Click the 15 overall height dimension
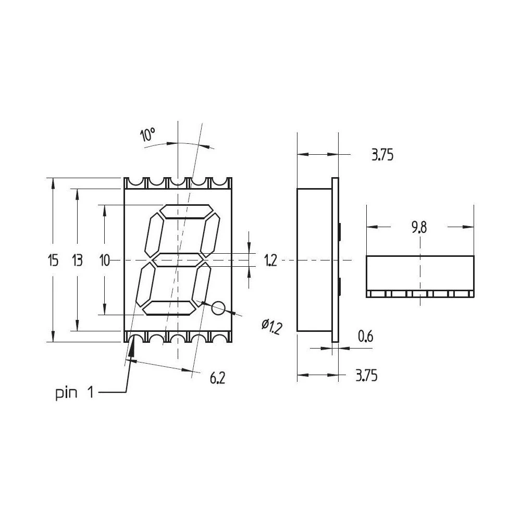(x=53, y=260)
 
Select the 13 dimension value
(x=77, y=260)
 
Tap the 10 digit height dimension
(x=105, y=260)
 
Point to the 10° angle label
(x=147, y=135)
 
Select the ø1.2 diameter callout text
(x=271, y=327)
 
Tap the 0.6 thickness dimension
(x=366, y=337)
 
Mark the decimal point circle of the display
(x=219, y=308)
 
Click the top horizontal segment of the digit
(x=187, y=212)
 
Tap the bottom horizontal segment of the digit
(x=169, y=307)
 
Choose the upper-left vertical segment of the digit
(x=155, y=233)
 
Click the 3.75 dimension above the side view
(x=382, y=155)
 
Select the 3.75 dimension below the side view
(x=366, y=376)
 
